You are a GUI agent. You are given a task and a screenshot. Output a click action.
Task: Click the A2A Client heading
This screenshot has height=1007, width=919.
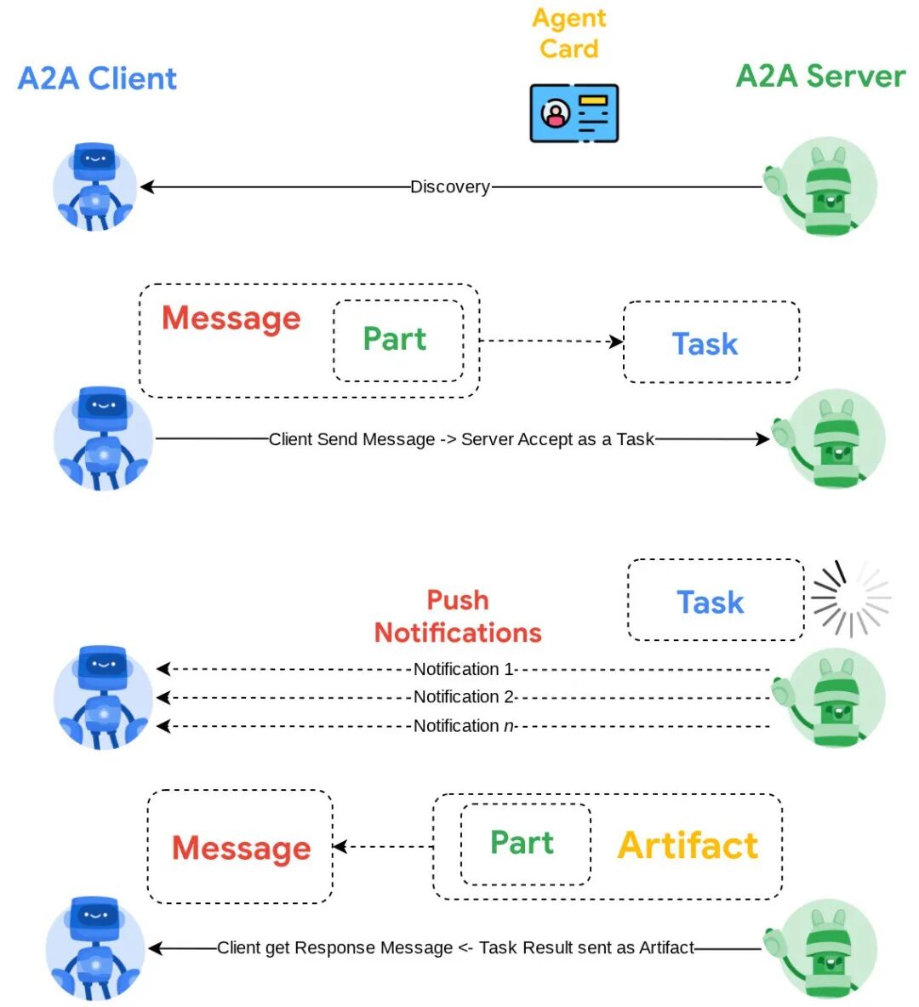point(97,78)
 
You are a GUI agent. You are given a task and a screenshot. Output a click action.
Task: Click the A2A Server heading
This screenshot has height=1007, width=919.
point(820,76)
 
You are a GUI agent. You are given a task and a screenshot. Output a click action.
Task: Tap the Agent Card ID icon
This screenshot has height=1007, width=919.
point(574,113)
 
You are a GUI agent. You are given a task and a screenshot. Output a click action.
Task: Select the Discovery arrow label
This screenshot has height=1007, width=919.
point(449,186)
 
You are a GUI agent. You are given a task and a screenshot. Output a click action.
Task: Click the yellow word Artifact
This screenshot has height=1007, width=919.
point(688,845)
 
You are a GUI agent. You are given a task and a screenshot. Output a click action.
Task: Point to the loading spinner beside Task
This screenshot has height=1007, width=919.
point(849,598)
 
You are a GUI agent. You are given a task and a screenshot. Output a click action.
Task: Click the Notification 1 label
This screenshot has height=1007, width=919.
point(464,669)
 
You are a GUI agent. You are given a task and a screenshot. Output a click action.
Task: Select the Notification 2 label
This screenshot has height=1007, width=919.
point(464,697)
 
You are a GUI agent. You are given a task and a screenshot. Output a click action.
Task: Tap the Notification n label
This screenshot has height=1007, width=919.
point(464,726)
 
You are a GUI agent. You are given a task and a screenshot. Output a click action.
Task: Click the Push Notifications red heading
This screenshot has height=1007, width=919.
point(458,616)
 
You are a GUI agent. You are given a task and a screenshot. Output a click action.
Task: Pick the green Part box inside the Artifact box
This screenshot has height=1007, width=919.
point(525,844)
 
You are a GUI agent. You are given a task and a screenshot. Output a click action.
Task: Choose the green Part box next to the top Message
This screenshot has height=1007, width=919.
point(397,340)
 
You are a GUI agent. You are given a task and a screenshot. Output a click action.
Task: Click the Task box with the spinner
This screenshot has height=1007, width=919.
point(715,601)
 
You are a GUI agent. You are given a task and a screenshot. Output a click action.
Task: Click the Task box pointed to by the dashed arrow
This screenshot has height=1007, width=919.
point(711,343)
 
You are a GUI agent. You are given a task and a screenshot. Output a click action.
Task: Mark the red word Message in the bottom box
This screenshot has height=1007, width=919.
point(241,848)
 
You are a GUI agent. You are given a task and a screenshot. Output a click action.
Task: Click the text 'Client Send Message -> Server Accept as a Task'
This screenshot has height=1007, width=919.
point(461,439)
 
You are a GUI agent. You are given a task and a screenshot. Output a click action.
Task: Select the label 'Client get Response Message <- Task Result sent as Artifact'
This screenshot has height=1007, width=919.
point(455,947)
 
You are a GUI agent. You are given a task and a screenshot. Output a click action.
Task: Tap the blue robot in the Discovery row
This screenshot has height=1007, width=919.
point(94,187)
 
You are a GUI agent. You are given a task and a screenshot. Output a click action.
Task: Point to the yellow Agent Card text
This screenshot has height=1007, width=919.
point(569,33)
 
